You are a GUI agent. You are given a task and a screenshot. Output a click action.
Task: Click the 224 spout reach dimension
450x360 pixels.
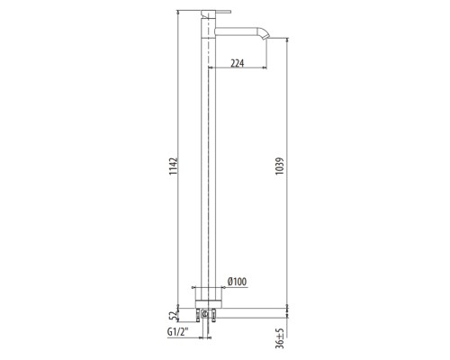point(238,63)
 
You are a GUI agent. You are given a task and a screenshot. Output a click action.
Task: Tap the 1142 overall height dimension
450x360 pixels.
point(174,166)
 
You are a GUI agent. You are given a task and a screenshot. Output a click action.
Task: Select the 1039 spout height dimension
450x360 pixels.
point(280,166)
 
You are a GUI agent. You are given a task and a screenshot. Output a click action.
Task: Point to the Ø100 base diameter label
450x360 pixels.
point(237,282)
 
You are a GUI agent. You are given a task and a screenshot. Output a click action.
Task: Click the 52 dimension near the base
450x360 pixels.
point(173,316)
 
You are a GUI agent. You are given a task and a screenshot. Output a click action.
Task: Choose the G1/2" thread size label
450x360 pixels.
point(177,332)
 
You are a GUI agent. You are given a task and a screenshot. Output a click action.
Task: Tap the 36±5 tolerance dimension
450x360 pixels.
point(280,338)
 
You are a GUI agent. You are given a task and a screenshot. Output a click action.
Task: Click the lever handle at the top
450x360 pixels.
point(216,12)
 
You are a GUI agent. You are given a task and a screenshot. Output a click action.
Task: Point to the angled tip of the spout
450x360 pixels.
point(265,33)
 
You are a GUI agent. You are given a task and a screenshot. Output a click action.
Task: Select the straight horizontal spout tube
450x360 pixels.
point(237,31)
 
